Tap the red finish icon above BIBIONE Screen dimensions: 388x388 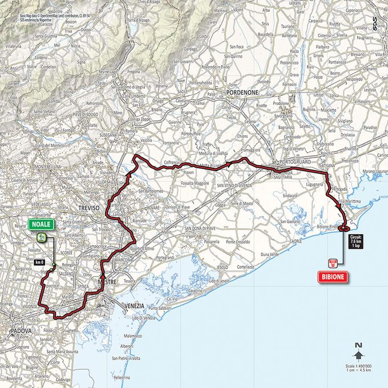(333, 262)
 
